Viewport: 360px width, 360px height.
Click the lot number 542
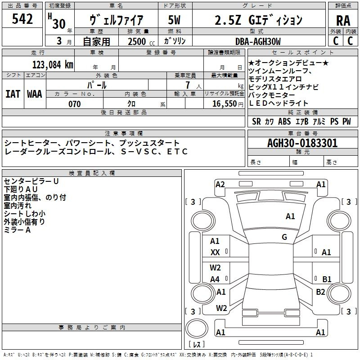click(x=22, y=19)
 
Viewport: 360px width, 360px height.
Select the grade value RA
click(x=343, y=21)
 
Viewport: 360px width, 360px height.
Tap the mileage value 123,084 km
click(x=53, y=65)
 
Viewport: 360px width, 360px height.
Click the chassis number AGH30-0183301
click(x=302, y=143)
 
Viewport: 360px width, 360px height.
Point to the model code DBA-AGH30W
click(x=258, y=41)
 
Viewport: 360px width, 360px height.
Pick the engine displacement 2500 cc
click(x=141, y=41)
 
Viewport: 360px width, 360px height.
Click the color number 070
click(x=75, y=104)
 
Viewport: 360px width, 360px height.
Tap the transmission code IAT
click(x=13, y=94)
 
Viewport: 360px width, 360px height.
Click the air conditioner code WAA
click(x=35, y=94)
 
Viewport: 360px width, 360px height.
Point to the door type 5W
click(x=174, y=20)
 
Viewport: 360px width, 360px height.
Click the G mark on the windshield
click(x=284, y=237)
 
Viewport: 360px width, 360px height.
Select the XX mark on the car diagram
click(x=215, y=252)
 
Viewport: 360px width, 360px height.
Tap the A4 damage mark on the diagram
click(x=215, y=279)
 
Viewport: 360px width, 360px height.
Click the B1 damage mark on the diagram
click(x=327, y=279)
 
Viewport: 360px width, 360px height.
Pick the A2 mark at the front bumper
click(x=220, y=184)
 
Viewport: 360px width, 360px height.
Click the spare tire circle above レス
click(x=197, y=328)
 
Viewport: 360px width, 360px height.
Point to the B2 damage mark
click(x=320, y=292)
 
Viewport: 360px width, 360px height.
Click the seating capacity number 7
click(x=188, y=85)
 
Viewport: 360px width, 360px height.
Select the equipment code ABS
click(x=284, y=121)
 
